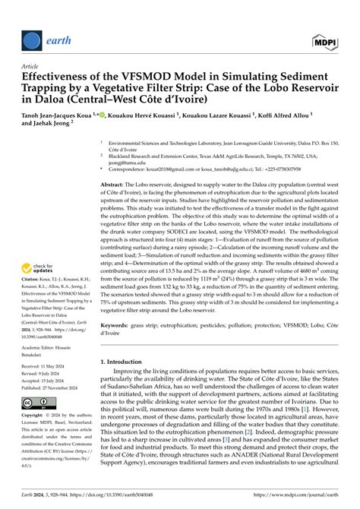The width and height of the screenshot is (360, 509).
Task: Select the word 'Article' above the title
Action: [30, 66]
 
